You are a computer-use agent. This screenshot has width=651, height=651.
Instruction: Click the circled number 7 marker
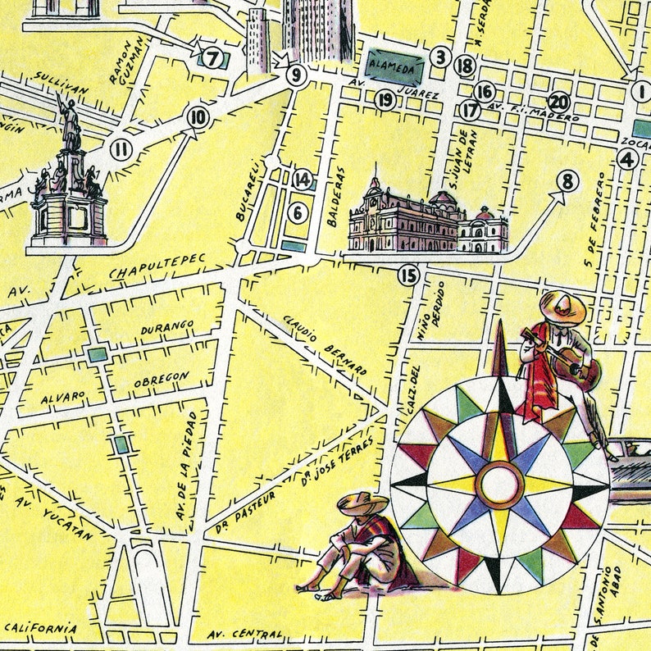pyautogui.click(x=214, y=59)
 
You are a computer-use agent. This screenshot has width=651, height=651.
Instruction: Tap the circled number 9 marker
pyautogui.click(x=296, y=76)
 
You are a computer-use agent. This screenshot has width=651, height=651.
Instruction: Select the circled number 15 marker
pyautogui.click(x=408, y=275)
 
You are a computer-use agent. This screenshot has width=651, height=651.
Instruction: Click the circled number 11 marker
pyautogui.click(x=122, y=149)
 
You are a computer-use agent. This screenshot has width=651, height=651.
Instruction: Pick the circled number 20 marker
pyautogui.click(x=559, y=102)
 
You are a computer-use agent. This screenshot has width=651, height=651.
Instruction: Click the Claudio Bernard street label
pyautogui.click(x=325, y=344)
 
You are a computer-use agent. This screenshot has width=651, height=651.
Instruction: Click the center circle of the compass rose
pyautogui.click(x=499, y=484)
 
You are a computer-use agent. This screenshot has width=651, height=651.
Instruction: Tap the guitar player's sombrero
pyautogui.click(x=562, y=308)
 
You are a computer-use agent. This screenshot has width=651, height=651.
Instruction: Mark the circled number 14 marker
pyautogui.click(x=303, y=180)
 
